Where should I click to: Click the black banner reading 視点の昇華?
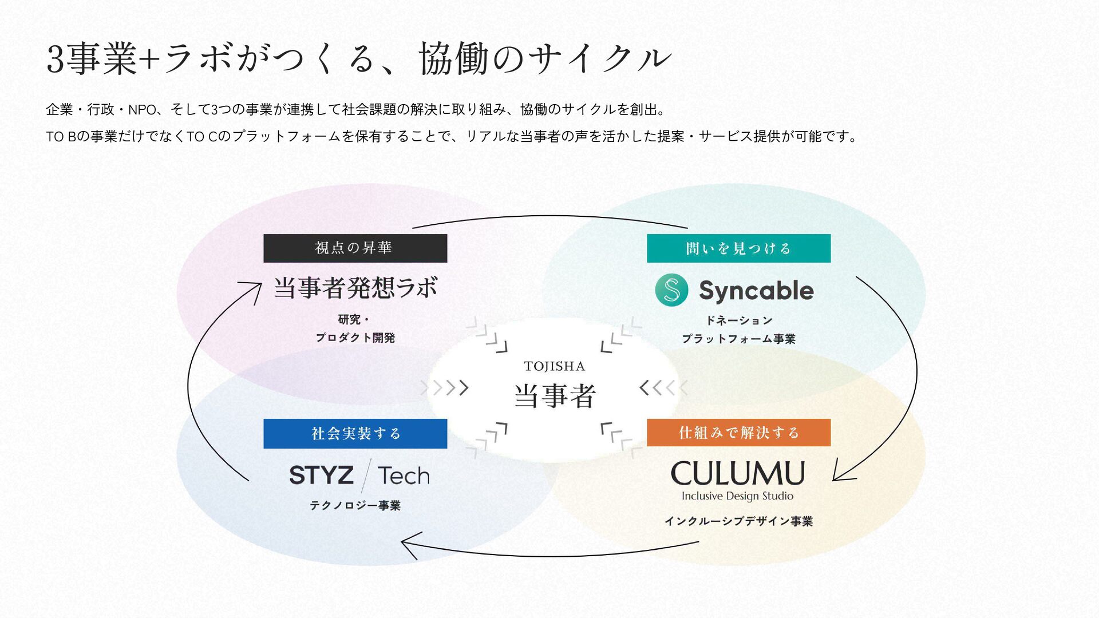355,248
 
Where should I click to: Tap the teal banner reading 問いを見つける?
738,248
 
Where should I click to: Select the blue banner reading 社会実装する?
355,434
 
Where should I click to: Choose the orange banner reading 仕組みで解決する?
738,433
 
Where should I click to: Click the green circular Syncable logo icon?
671,290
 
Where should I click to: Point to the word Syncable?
756,291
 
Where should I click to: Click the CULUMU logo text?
737,474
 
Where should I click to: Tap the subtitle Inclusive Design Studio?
737,496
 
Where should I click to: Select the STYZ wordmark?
321,476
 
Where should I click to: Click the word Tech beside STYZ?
404,476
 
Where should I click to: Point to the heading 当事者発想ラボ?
355,287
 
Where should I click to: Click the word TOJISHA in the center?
554,366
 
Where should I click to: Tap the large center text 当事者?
555,396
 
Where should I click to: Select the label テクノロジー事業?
355,505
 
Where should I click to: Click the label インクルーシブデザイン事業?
738,521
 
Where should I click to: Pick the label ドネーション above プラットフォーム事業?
738,320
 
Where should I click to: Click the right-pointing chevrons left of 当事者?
445,388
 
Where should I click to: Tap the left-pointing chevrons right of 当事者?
663,388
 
